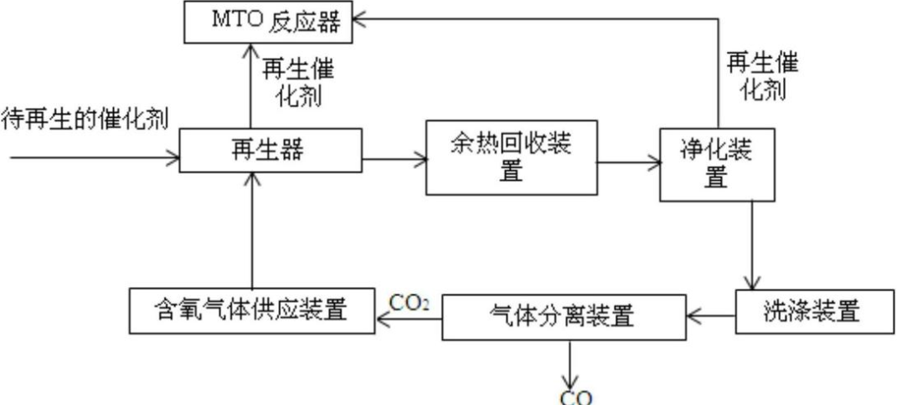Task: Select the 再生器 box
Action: [271, 151]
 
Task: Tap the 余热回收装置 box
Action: [512, 156]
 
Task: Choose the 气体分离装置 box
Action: [562, 316]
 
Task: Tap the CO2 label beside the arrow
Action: [410, 301]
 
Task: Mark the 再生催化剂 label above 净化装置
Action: [762, 75]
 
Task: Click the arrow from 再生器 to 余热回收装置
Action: [394, 156]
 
